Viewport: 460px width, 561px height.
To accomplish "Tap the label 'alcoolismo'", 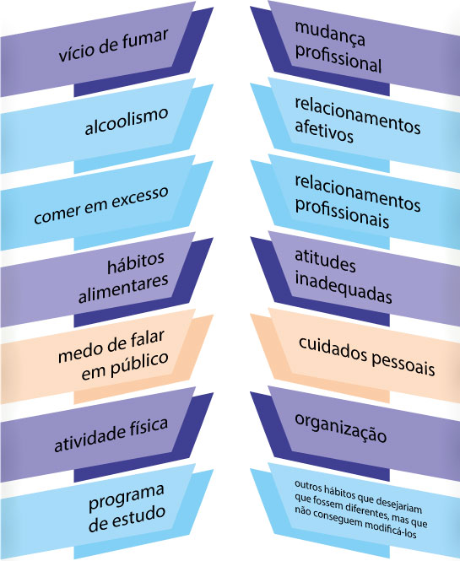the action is [x=127, y=121].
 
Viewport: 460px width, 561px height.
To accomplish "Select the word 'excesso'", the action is [x=139, y=197].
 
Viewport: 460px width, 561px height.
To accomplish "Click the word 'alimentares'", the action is [x=123, y=289].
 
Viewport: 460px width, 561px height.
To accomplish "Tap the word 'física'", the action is [x=149, y=427].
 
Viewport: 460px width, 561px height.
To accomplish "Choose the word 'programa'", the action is [x=127, y=498].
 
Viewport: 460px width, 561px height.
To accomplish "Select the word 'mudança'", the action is [x=330, y=35].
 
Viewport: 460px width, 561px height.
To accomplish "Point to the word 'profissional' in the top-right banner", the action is [x=338, y=60].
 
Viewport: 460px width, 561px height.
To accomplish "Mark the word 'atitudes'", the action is [x=326, y=262].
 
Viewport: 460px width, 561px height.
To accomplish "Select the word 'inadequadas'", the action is [x=344, y=289].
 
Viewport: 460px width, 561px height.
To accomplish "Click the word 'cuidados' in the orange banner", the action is [x=333, y=348].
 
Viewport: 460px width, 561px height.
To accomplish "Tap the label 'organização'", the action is [x=341, y=428].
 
